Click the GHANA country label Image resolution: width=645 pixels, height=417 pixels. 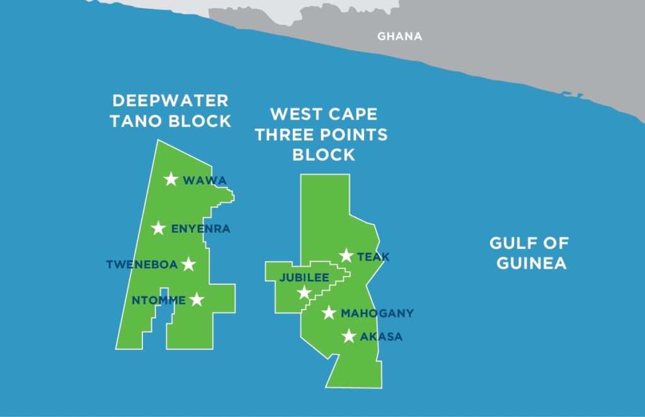pyautogui.click(x=399, y=36)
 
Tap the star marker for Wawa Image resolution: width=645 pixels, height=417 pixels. pyautogui.click(x=171, y=180)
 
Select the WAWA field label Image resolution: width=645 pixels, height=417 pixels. pyautogui.click(x=204, y=181)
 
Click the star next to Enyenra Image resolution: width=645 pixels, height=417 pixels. pyautogui.click(x=159, y=228)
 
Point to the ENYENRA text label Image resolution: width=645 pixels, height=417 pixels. pyautogui.click(x=201, y=229)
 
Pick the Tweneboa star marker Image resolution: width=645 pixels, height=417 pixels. pyautogui.click(x=188, y=264)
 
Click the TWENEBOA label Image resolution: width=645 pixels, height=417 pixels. pyautogui.click(x=142, y=265)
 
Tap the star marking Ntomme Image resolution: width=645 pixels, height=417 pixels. pyautogui.click(x=197, y=299)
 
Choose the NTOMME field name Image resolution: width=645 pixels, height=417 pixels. pyautogui.click(x=159, y=301)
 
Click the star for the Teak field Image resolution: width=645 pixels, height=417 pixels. pyautogui.click(x=346, y=255)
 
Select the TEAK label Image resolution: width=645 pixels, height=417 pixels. pyautogui.click(x=374, y=257)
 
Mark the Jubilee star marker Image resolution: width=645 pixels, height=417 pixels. pyautogui.click(x=304, y=292)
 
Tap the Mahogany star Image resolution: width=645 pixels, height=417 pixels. pyautogui.click(x=329, y=313)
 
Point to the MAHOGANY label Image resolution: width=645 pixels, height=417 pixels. pyautogui.click(x=377, y=313)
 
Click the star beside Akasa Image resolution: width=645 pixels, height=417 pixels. pyautogui.click(x=348, y=336)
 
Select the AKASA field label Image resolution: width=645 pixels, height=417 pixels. pyautogui.click(x=381, y=337)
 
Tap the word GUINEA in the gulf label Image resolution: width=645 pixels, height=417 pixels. pyautogui.click(x=531, y=263)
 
